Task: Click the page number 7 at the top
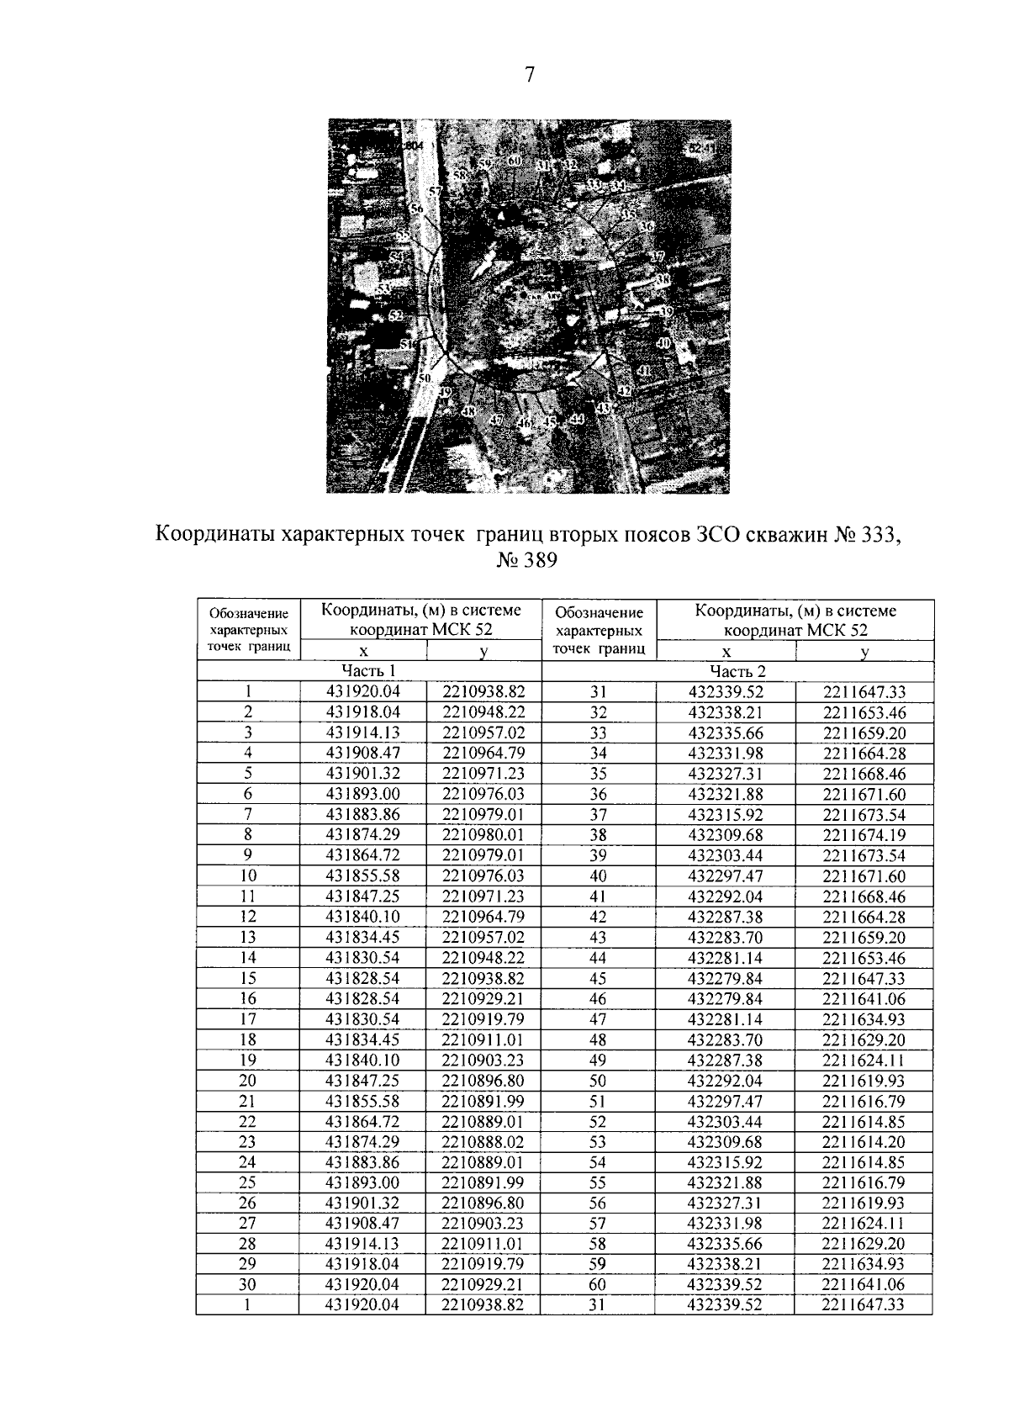[529, 75]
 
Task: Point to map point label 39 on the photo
[666, 311]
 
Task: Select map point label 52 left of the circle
[396, 315]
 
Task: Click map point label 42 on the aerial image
[624, 390]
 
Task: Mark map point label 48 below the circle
[468, 411]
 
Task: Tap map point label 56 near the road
[417, 208]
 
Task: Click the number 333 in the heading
[876, 535]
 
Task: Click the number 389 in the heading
[539, 560]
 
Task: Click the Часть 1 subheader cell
[368, 670]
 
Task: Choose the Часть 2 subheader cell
[737, 670]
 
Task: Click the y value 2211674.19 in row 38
[864, 835]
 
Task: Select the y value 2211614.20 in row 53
[864, 1142]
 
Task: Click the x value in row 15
[362, 978]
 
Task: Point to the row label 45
[598, 978]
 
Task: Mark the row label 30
[248, 1285]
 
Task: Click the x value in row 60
[726, 1285]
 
